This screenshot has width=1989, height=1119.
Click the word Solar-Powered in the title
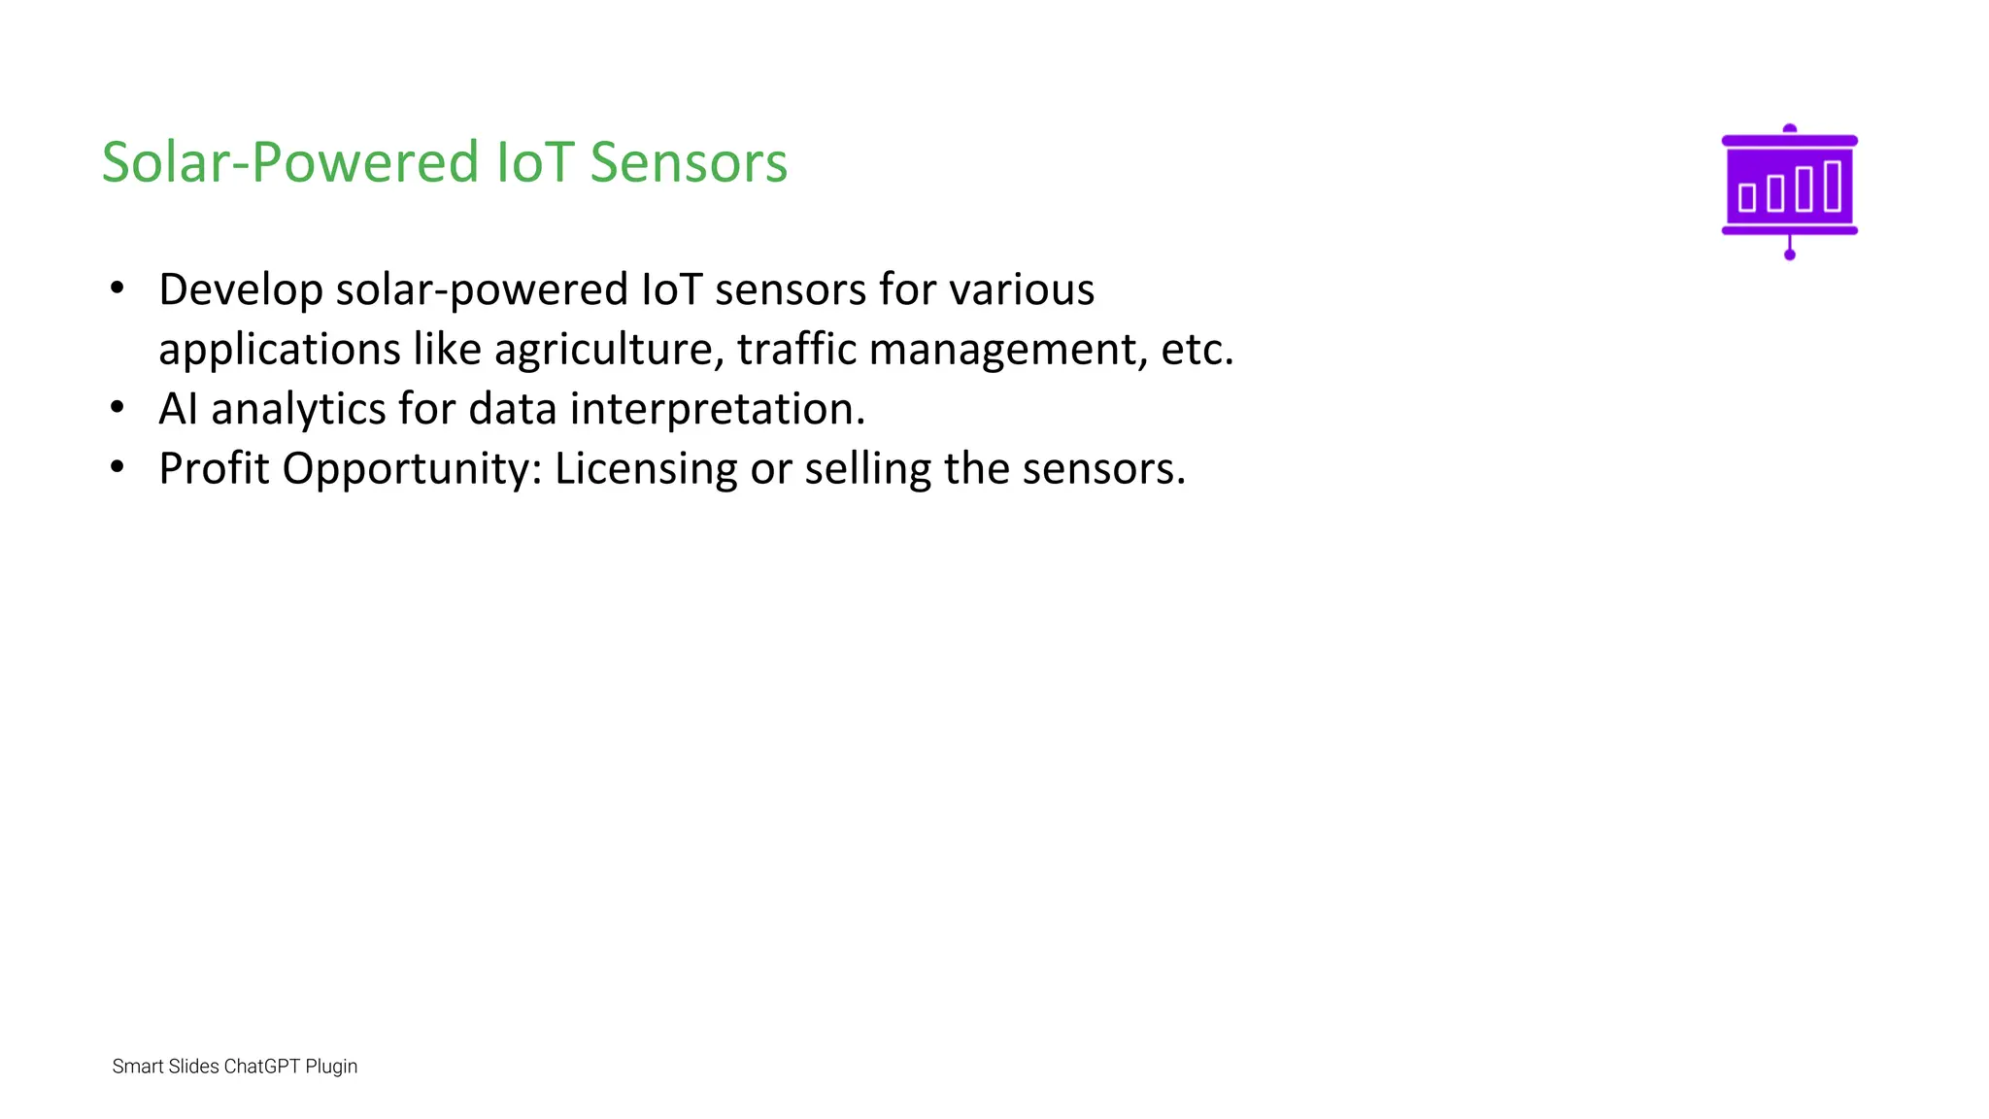pyautogui.click(x=290, y=162)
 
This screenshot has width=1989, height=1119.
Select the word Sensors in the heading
pyautogui.click(x=689, y=162)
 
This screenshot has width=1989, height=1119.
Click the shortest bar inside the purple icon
pyautogui.click(x=1747, y=196)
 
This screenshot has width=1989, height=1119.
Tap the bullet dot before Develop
pyautogui.click(x=118, y=288)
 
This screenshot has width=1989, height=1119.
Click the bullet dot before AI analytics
pyautogui.click(x=118, y=408)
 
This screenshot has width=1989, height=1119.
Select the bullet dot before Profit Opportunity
pyautogui.click(x=118, y=468)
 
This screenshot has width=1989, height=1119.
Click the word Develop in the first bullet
pyautogui.click(x=240, y=290)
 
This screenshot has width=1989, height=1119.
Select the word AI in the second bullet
pyautogui.click(x=178, y=409)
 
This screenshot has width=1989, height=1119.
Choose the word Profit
pyautogui.click(x=214, y=469)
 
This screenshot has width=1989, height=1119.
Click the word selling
pyautogui.click(x=867, y=469)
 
